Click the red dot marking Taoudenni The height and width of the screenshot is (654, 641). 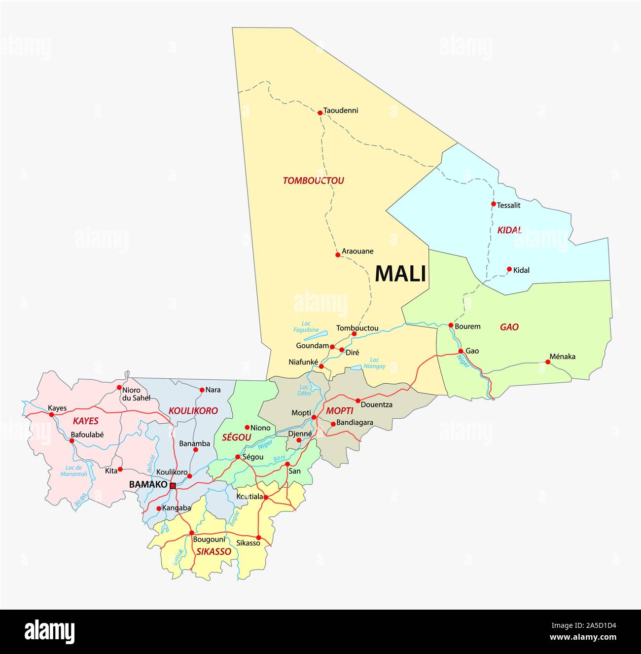tap(320, 112)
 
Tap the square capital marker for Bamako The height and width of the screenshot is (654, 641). tap(173, 486)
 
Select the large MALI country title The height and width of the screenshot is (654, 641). tap(400, 274)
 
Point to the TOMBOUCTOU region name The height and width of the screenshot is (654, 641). tap(313, 181)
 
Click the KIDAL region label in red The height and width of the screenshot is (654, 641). tap(509, 230)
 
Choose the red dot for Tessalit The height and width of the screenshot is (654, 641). tap(493, 204)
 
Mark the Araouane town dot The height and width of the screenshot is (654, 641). tap(338, 254)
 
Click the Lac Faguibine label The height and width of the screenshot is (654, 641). tap(306, 327)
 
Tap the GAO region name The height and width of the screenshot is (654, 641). tap(509, 327)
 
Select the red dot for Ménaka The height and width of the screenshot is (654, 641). tap(547, 362)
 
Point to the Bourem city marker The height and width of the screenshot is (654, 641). tap(451, 325)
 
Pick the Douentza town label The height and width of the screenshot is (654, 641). tap(377, 404)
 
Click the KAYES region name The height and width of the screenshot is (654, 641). tap(85, 421)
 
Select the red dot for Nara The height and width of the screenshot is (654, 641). tap(202, 390)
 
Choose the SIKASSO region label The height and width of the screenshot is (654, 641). tap(214, 552)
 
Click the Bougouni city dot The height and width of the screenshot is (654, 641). tap(191, 533)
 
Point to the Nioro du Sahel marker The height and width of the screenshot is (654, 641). tap(119, 388)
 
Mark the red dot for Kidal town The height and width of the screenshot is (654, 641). tap(509, 269)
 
